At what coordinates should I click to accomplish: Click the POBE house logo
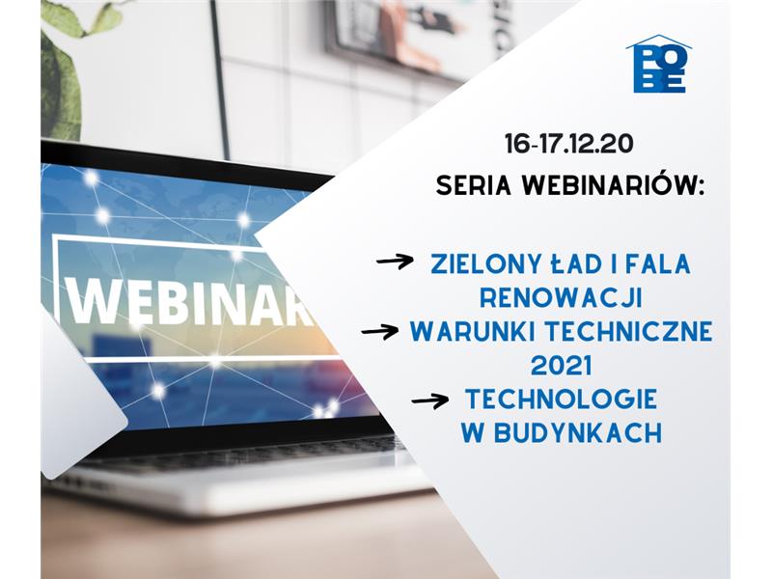659,64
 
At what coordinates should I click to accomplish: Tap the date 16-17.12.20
568,144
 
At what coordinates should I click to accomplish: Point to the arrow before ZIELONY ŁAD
395,261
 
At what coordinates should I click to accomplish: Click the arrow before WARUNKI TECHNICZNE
380,331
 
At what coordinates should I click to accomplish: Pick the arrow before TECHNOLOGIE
429,400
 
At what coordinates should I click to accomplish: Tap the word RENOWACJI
562,298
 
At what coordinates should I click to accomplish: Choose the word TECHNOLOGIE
562,399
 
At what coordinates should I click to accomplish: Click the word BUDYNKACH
578,432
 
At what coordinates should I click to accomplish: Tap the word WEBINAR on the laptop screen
189,301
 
